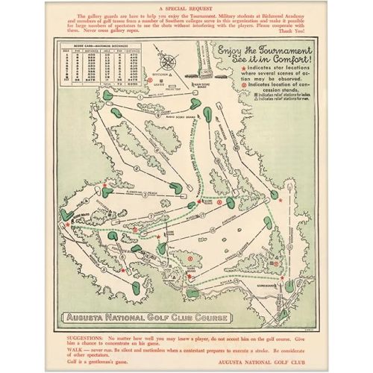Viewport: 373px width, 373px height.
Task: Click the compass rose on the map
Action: click(x=171, y=62)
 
